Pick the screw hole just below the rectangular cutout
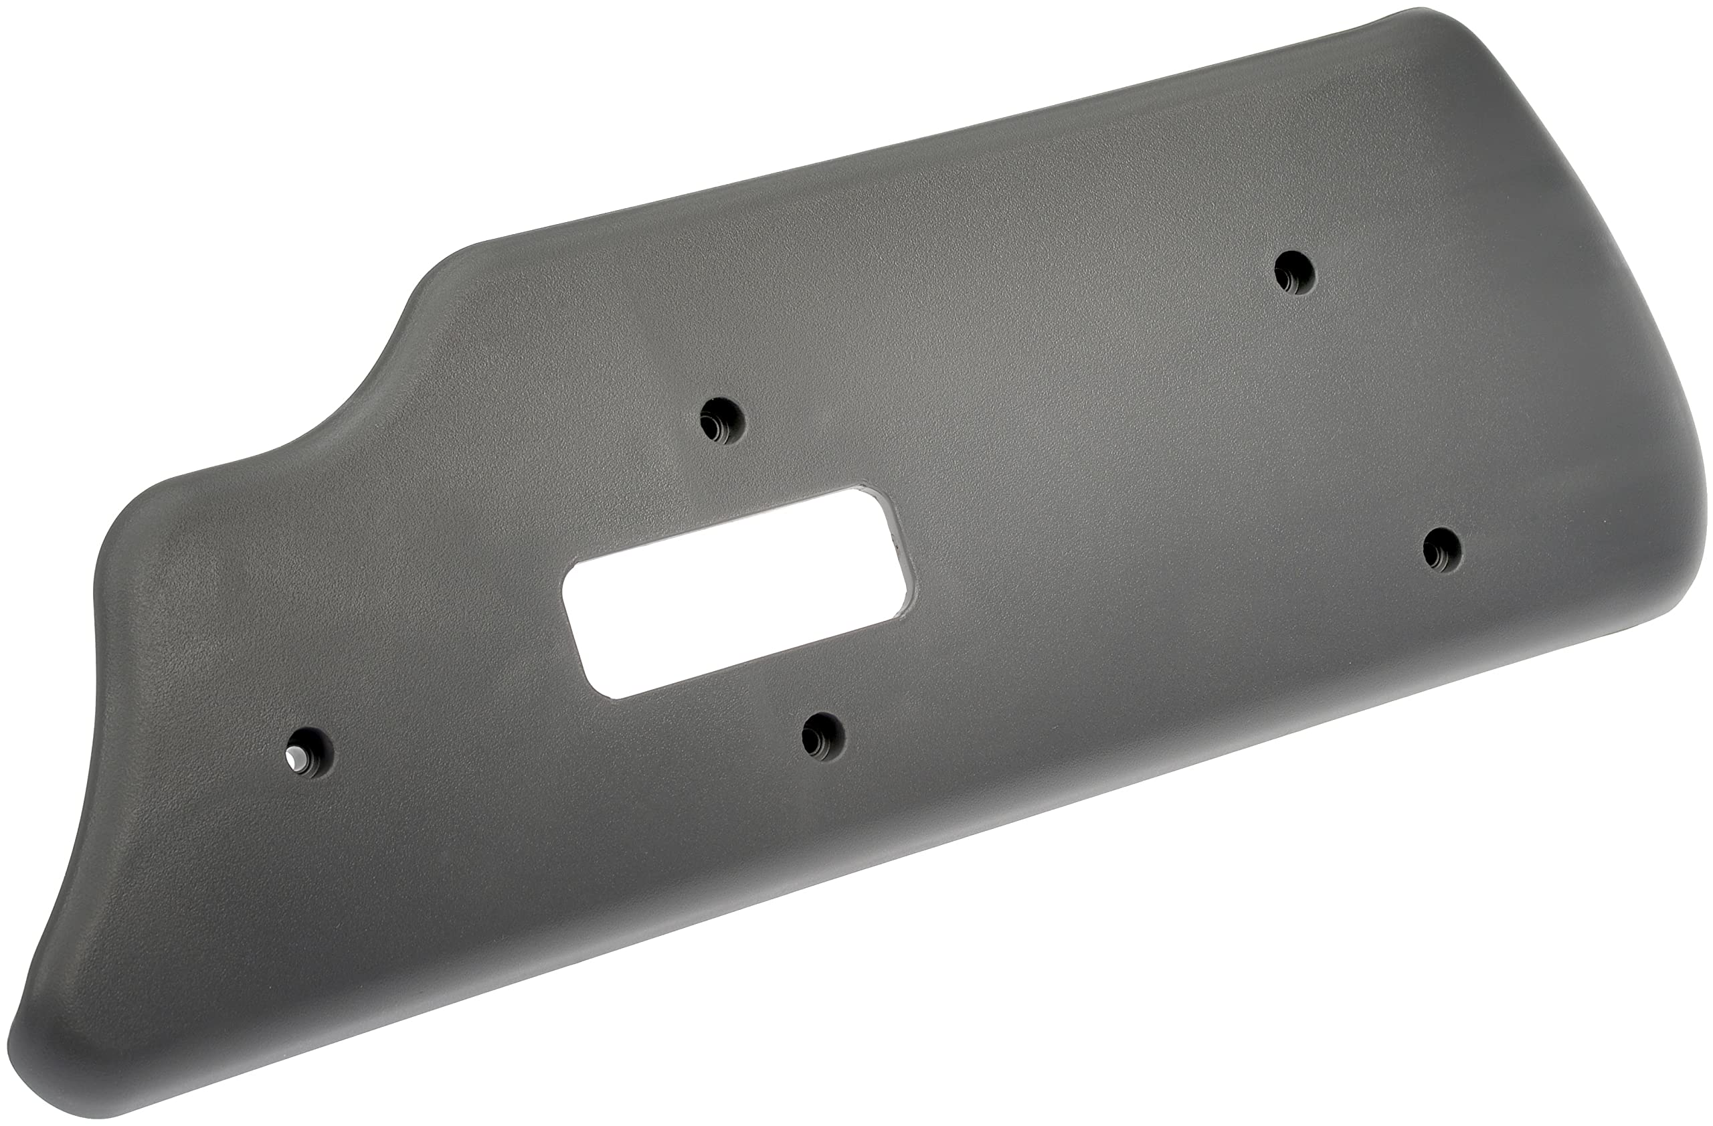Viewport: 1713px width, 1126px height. (824, 735)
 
